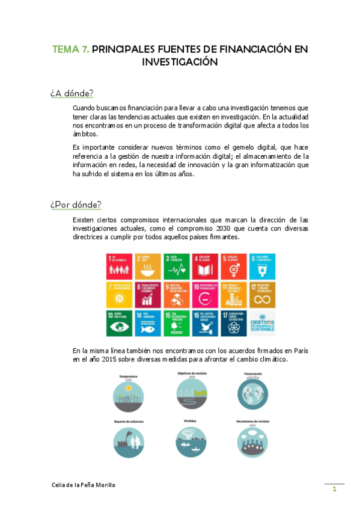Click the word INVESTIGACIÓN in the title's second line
pos(180,61)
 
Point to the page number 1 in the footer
pos(334,490)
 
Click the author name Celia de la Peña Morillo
pos(82,485)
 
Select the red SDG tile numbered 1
pos(118,265)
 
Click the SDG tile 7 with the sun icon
pos(118,294)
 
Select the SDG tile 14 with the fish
pos(147,323)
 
